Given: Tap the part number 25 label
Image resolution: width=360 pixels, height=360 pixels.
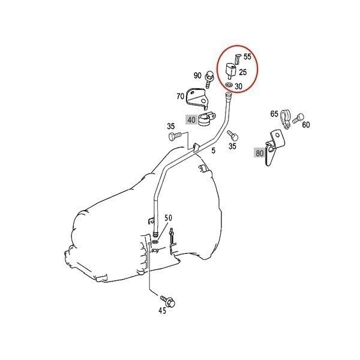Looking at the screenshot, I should click(243, 72).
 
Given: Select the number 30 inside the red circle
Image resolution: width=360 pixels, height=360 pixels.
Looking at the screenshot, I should click(239, 86).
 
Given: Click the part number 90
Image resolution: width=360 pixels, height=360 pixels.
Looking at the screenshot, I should click(197, 76).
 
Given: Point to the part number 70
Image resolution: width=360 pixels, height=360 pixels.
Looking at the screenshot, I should click(180, 96).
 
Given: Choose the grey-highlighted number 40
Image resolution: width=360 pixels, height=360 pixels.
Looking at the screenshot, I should click(191, 119).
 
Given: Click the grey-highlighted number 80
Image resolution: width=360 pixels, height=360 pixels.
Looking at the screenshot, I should click(260, 153).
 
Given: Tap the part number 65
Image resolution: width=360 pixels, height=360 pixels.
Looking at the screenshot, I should click(274, 114).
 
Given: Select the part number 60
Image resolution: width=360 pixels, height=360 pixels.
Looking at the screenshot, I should click(306, 125).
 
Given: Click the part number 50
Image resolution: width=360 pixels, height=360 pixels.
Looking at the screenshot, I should click(168, 217).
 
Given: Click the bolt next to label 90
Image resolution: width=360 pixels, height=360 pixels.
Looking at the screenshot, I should click(210, 77).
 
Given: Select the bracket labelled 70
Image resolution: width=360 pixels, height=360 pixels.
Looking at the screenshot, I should click(197, 97).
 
